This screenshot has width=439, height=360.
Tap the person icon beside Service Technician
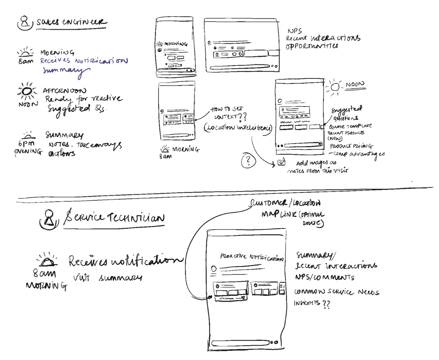(x=49, y=219)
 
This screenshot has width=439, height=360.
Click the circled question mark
(x=248, y=161)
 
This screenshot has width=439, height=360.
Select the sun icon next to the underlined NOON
(x=335, y=87)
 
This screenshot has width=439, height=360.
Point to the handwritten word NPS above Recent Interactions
(x=294, y=31)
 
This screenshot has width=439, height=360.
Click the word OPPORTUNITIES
(x=312, y=46)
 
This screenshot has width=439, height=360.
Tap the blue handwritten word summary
(x=65, y=70)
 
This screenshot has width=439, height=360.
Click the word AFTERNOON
(x=65, y=91)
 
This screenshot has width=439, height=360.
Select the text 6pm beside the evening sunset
(x=26, y=144)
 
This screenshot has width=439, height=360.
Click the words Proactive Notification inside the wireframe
(x=251, y=257)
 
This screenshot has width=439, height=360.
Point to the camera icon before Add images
(x=281, y=162)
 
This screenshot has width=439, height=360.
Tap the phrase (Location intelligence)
(x=238, y=128)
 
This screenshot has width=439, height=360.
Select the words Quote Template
(x=350, y=126)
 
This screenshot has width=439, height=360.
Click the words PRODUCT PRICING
(x=351, y=146)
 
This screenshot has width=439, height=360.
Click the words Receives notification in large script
(x=125, y=261)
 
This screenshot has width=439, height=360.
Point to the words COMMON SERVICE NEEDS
(x=336, y=292)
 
